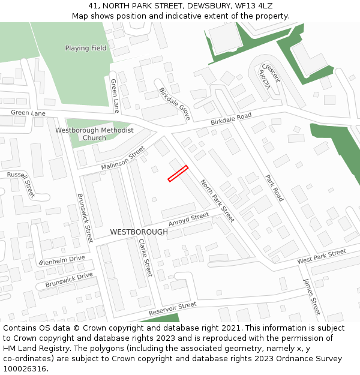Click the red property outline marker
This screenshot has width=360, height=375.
click(x=178, y=173)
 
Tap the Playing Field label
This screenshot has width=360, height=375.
click(x=86, y=48)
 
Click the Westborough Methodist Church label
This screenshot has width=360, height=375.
click(x=94, y=134)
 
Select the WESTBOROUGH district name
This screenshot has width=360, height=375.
click(x=139, y=232)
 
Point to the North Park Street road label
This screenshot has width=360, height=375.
click(x=217, y=200)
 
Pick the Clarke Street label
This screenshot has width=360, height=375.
click(x=145, y=257)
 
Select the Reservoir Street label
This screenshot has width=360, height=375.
click(x=172, y=310)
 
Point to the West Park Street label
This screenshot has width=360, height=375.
click(x=322, y=257)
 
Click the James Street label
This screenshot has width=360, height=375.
click(x=311, y=296)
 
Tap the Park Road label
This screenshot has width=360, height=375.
click(x=274, y=187)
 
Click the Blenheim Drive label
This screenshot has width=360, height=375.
click(x=62, y=261)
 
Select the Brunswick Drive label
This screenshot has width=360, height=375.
click(x=70, y=280)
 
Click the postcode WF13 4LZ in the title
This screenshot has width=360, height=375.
click(x=254, y=5)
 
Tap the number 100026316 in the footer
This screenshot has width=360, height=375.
click(x=26, y=368)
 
